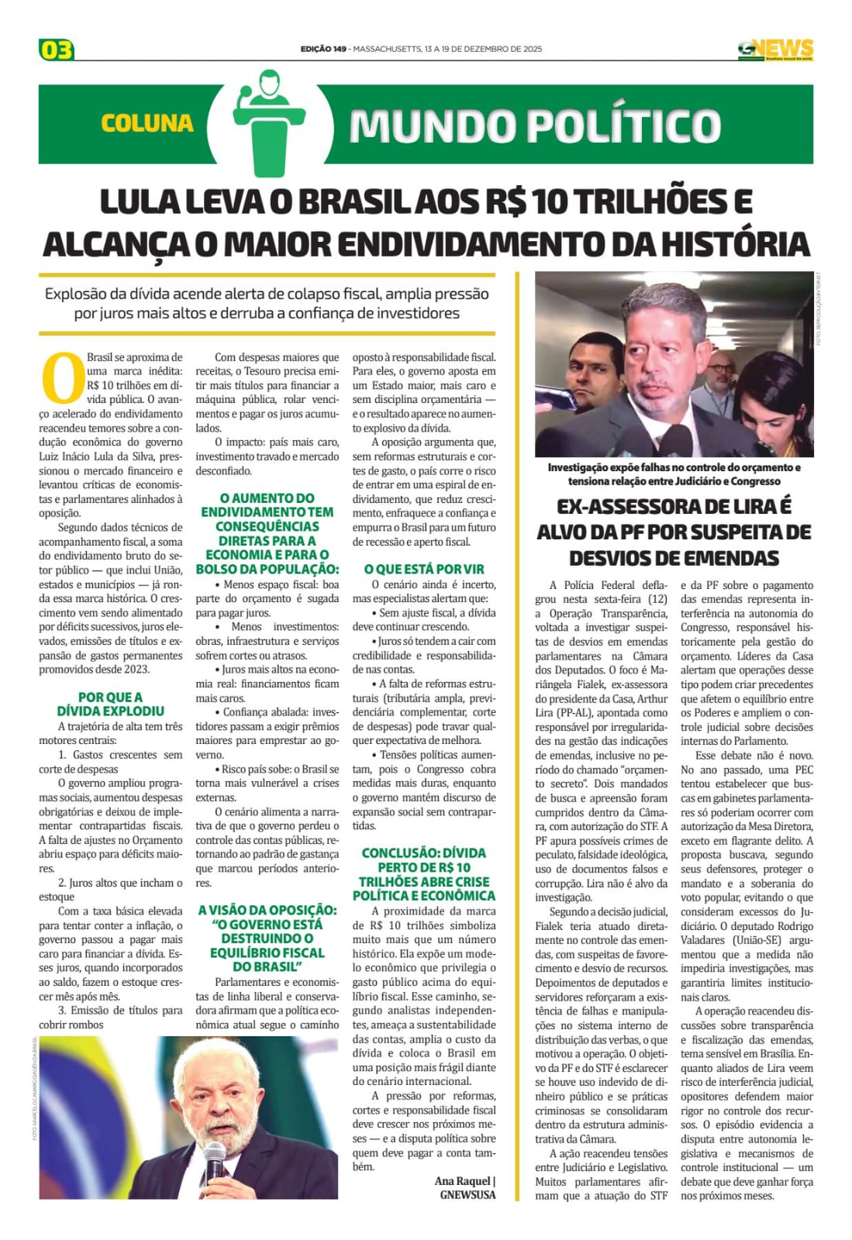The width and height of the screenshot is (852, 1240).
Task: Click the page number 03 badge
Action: [56, 50]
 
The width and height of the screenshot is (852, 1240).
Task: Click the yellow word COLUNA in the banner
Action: [147, 123]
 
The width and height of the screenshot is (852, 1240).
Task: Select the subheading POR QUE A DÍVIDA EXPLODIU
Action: [110, 704]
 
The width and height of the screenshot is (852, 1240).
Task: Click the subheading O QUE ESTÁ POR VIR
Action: [424, 569]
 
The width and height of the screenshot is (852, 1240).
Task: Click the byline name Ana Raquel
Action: [463, 1180]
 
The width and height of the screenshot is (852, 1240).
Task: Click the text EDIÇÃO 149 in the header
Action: [323, 49]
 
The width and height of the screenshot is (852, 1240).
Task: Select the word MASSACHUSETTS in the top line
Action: [387, 49]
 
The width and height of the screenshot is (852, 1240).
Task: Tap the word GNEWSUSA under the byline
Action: [467, 1194]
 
